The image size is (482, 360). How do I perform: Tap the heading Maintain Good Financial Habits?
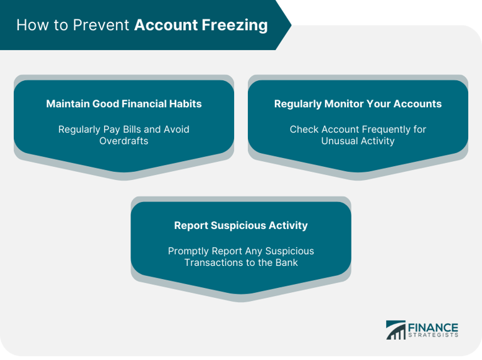(124, 104)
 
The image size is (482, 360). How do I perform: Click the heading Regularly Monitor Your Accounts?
(358, 104)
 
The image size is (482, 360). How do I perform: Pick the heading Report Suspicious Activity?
(241, 225)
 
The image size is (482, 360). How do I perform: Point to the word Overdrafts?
(124, 141)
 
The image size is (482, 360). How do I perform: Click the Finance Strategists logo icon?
(396, 330)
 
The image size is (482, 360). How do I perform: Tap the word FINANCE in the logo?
(434, 327)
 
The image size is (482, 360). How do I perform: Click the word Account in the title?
(165, 25)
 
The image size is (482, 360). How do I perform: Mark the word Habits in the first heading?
(185, 104)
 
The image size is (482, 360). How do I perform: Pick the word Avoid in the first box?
(176, 129)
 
